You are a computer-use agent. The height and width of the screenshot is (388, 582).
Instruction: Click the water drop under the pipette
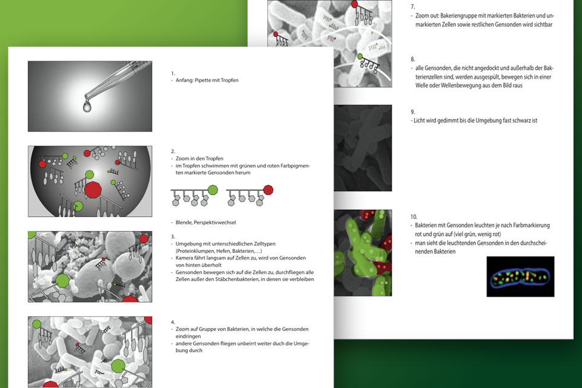pos(87,106)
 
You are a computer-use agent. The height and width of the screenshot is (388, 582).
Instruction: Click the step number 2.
pos(173,152)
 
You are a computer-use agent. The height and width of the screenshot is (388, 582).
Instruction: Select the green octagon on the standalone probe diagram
pos(213,190)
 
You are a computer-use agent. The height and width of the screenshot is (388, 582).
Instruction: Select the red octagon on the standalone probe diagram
pos(268,190)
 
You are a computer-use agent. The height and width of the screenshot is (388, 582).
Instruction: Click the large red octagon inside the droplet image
pos(93,190)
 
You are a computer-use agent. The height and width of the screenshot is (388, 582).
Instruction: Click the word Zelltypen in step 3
pos(265,244)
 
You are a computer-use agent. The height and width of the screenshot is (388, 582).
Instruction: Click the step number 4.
pos(173,323)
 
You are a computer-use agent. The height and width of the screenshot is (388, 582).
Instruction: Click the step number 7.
pos(413,7)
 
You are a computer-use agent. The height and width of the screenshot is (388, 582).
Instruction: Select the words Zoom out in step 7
pos(427,16)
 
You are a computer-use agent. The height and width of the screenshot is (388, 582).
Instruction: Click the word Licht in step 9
pos(420,120)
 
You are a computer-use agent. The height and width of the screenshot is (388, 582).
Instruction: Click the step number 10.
pos(414,217)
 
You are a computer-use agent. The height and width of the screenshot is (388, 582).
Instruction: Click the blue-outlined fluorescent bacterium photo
pos(520,276)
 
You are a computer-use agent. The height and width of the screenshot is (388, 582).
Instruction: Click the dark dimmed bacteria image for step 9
pos(363,148)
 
